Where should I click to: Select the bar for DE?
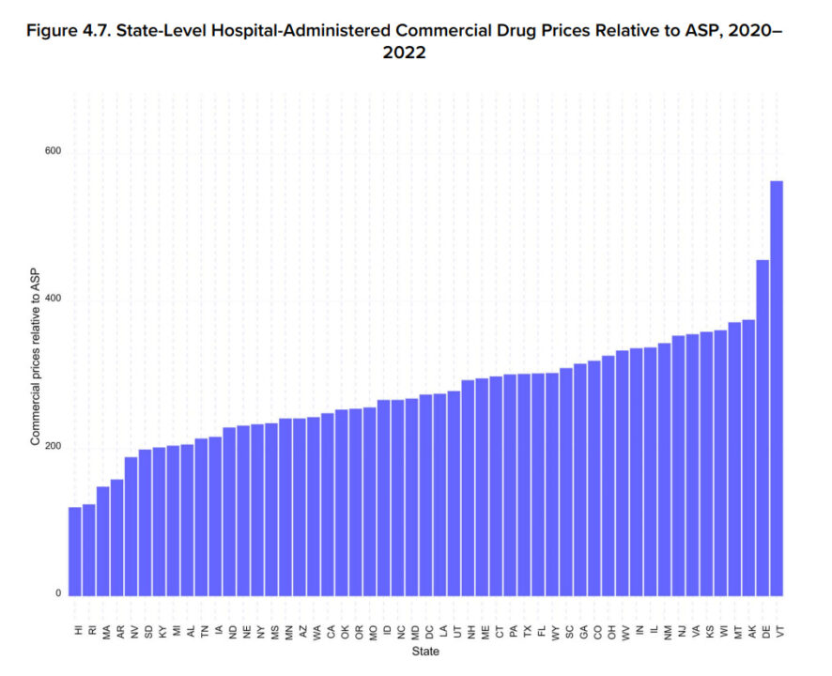pyautogui.click(x=763, y=427)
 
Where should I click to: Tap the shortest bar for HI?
pyautogui.click(x=74, y=550)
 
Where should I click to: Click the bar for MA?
pyautogui.click(x=102, y=540)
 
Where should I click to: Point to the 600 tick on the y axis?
pyautogui.click(x=53, y=152)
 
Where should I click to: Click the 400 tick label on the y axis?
pyautogui.click(x=53, y=299)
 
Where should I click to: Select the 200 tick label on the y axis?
pyautogui.click(x=53, y=447)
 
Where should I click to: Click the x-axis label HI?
pyautogui.click(x=79, y=631)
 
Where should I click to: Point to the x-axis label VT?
pyautogui.click(x=781, y=631)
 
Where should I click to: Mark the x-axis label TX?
pyautogui.click(x=528, y=631)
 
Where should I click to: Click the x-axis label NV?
pyautogui.click(x=134, y=631)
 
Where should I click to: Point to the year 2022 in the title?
pyautogui.click(x=404, y=54)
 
